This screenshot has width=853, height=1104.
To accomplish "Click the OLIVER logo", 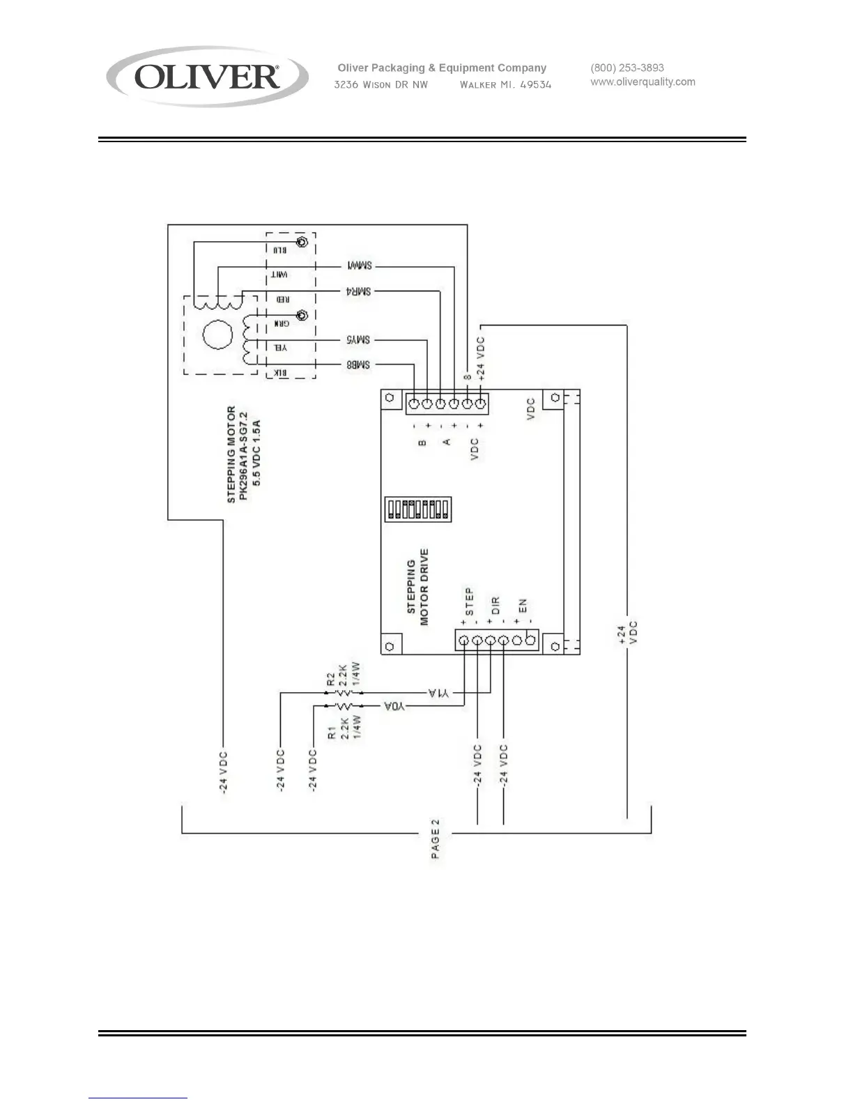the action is [x=207, y=76].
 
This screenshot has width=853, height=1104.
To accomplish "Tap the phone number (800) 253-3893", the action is [x=627, y=68].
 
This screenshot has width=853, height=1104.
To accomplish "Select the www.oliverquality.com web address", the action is [x=643, y=82].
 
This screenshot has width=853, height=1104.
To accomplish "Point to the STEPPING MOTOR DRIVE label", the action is [x=417, y=587].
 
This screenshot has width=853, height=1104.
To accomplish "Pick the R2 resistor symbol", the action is [x=342, y=693].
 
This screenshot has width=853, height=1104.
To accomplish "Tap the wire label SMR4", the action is [x=358, y=291].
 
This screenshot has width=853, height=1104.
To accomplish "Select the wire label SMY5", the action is [x=358, y=339].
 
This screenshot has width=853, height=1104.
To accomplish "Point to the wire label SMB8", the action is [x=358, y=365].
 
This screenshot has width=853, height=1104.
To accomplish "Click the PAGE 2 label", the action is [x=436, y=839].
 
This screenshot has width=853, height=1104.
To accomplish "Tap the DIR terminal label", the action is [x=495, y=604].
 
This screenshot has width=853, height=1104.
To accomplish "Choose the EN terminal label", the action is [x=522, y=606].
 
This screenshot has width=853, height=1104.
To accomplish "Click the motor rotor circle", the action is [x=216, y=334].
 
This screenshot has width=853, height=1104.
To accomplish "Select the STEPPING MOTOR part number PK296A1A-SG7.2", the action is [x=243, y=455].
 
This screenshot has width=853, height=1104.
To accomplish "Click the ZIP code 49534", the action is [x=536, y=85].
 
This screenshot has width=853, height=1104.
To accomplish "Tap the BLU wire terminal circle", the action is [x=302, y=243].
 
